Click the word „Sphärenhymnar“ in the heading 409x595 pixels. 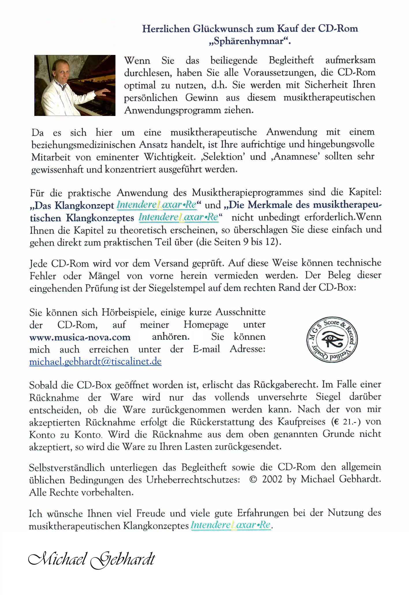[250, 41]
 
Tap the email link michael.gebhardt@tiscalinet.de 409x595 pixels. [95, 362]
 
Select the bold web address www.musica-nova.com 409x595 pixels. [80, 337]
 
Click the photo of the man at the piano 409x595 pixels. [75, 85]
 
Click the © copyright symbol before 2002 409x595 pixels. [253, 479]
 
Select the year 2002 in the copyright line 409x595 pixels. [272, 479]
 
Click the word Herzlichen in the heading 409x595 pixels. [166, 29]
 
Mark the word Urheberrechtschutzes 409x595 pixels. [193, 480]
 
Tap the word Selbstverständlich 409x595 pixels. [67, 467]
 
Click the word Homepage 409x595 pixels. [206, 325]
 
